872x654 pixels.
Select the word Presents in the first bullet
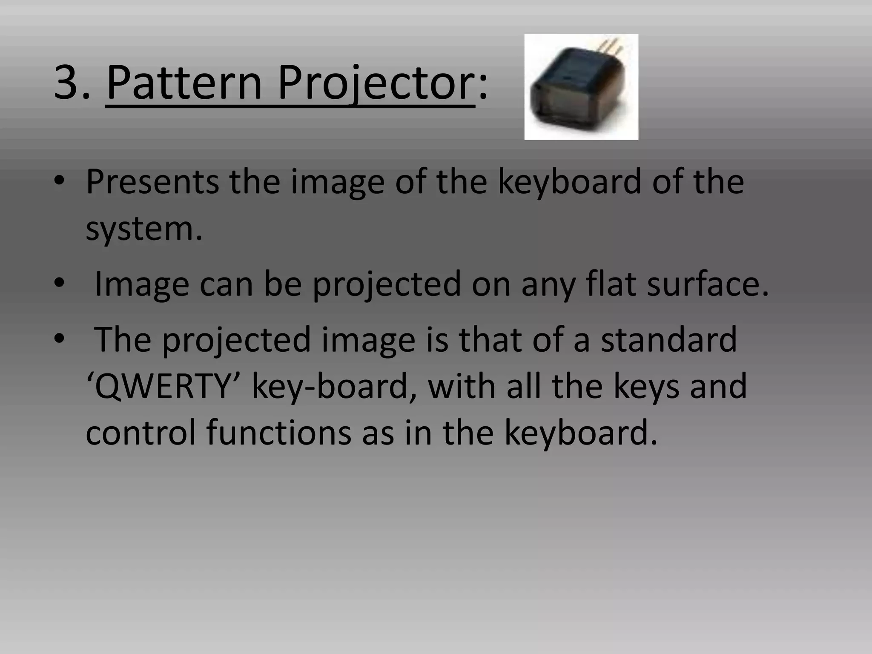click(152, 182)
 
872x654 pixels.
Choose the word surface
click(707, 284)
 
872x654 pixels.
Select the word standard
click(668, 339)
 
